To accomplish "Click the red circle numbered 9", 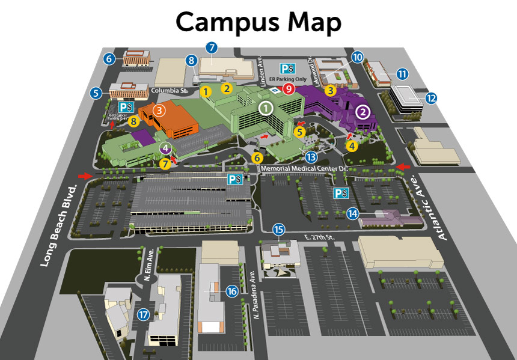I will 289,89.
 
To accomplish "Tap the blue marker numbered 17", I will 142,314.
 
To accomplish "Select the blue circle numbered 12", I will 431,97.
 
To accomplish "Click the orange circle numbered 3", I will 159,111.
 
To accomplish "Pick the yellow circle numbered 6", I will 257,157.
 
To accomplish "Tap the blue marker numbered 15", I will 278,229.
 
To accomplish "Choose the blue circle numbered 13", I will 311,157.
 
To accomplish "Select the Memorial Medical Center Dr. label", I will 305,169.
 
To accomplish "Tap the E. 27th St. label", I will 319,237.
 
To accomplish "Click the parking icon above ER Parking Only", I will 288,68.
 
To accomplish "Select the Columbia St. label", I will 170,91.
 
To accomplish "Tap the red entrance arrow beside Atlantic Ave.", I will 403,166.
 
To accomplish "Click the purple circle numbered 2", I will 363,112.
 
